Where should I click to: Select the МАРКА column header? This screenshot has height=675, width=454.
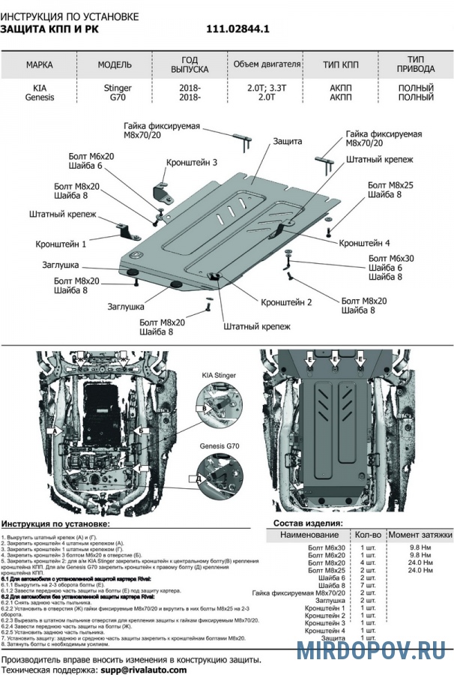click(39, 64)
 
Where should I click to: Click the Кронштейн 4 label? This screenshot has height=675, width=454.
click(364, 243)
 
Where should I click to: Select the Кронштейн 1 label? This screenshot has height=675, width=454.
click(61, 244)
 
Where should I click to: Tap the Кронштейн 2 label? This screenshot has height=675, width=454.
click(286, 302)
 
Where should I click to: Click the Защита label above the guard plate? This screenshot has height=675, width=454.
click(288, 141)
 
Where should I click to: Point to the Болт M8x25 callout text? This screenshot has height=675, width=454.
click(390, 184)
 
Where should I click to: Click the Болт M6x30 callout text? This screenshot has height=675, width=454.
click(392, 258)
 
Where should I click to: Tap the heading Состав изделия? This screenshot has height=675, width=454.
click(308, 523)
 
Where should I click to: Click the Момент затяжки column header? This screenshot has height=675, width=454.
click(420, 535)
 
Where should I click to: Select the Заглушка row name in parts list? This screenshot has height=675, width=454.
click(330, 600)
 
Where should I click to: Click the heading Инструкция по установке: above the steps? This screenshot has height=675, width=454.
click(55, 523)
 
